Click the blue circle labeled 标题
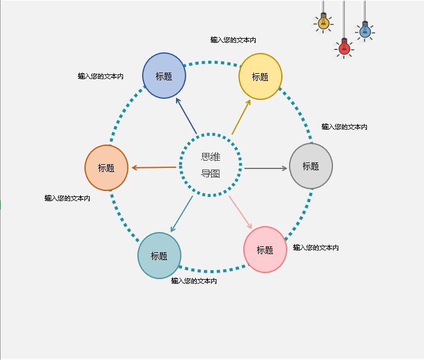click(164, 76)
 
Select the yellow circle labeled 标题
click(260, 76)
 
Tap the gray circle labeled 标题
click(311, 166)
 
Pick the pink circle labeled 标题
click(265, 249)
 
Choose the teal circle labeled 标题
click(159, 255)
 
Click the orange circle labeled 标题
click(106, 168)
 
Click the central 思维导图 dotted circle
click(211, 165)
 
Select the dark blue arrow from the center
click(186, 115)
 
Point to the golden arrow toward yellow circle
click(241, 117)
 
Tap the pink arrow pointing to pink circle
click(241, 212)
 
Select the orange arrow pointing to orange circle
click(153, 168)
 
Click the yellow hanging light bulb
click(324, 23)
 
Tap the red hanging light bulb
click(344, 46)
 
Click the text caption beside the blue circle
click(100, 76)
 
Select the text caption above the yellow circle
click(233, 40)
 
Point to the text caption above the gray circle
click(344, 127)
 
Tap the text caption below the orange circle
click(67, 198)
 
